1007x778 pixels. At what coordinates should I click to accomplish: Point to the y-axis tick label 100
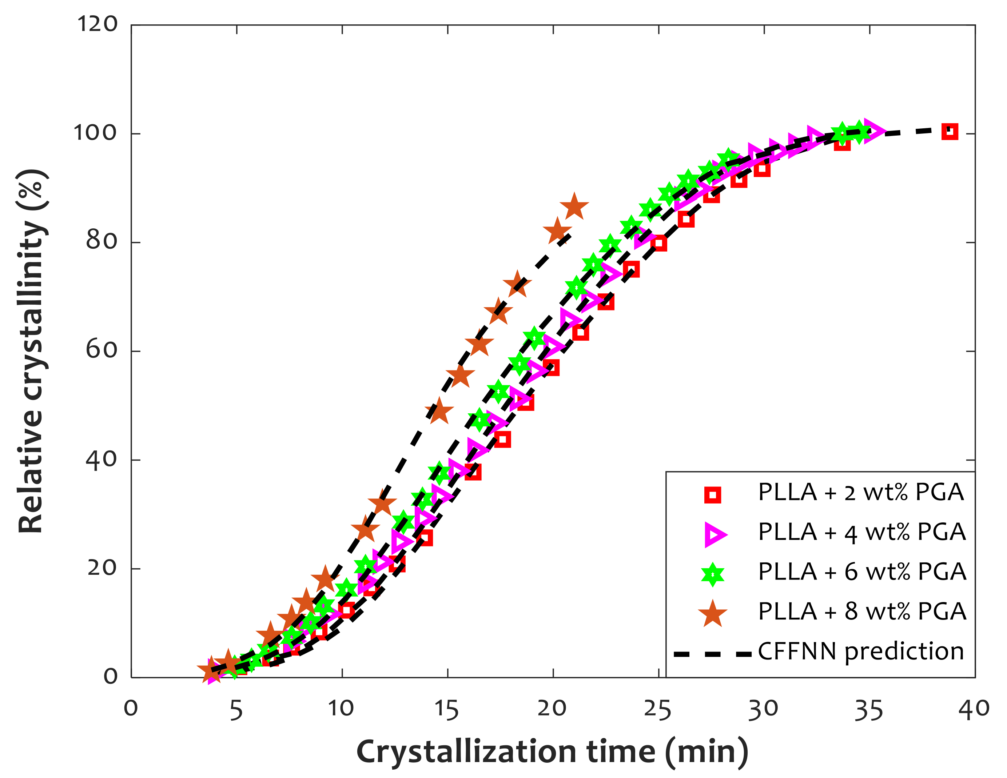[95, 133]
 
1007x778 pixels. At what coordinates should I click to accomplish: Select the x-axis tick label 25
[658, 710]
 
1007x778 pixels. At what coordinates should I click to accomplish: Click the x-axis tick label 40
[974, 710]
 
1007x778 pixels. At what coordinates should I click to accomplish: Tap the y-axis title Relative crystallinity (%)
[31, 351]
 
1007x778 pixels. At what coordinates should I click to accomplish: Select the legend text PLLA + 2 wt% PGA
[861, 493]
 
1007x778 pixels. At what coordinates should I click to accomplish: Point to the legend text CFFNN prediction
[861, 651]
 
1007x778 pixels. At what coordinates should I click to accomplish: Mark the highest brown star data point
[574, 207]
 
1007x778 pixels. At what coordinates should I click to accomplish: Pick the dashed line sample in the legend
[712, 654]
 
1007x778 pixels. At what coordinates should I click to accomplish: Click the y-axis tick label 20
[102, 568]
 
